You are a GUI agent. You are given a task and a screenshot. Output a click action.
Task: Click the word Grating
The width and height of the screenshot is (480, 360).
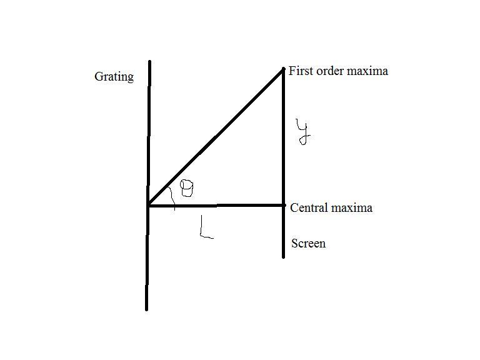click(114, 77)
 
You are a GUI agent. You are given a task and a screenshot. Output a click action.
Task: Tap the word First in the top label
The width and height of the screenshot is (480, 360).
click(301, 71)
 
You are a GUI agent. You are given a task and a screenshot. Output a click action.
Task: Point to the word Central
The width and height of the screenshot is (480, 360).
click(309, 208)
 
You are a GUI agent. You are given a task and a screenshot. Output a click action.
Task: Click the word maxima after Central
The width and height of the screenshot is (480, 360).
click(352, 209)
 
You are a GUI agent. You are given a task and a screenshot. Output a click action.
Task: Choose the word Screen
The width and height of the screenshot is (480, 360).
click(308, 244)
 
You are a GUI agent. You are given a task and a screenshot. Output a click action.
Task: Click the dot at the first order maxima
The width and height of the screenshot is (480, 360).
click(284, 69)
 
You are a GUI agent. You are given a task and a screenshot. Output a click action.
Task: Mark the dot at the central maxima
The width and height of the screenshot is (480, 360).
click(284, 205)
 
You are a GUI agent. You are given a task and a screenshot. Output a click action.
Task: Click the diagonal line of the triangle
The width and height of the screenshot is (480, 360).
click(216, 137)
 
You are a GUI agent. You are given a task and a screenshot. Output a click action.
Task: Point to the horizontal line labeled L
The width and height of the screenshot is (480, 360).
click(216, 206)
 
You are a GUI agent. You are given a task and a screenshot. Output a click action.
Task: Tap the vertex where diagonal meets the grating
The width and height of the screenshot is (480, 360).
click(148, 205)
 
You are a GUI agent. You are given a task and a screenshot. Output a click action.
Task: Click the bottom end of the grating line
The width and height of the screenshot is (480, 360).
click(147, 309)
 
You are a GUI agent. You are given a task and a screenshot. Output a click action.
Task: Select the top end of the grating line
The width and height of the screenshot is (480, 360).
click(150, 61)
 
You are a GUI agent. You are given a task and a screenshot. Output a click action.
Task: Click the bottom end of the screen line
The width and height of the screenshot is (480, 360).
click(284, 257)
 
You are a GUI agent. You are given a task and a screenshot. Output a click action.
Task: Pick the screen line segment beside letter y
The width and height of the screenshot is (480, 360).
click(284, 137)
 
